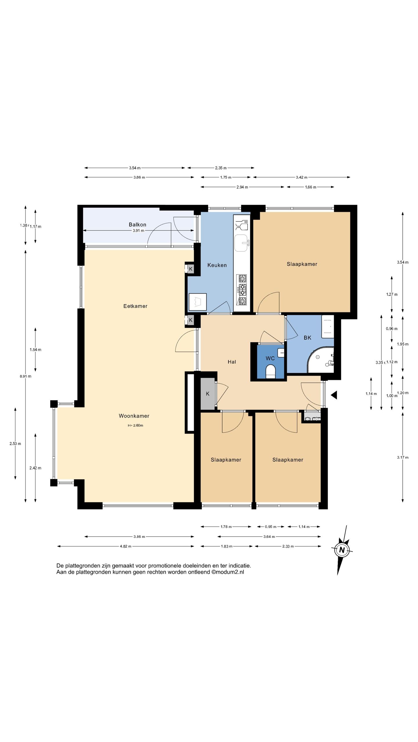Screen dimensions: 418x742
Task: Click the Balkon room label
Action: pos(137,225)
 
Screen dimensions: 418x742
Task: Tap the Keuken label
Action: pos(217,265)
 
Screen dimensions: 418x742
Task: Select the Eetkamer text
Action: pos(135,306)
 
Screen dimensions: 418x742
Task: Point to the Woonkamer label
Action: pos(134,416)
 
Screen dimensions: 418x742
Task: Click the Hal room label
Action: pos(232,362)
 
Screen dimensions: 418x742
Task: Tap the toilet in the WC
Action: pos(270,372)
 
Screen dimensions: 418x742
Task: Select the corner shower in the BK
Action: pos(320,360)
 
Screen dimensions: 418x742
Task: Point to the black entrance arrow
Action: pos(334,395)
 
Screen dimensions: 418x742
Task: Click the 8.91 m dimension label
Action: pos(26,376)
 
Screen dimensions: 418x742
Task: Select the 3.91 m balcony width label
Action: pos(138,231)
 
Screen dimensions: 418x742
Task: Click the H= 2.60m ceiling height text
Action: pos(135,425)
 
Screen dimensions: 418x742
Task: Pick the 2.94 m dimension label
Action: pos(242,187)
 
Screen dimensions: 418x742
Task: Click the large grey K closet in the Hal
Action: pos(208,394)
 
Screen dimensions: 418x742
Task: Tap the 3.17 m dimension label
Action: pos(403,457)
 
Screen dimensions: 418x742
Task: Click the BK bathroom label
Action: pos(307,338)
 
